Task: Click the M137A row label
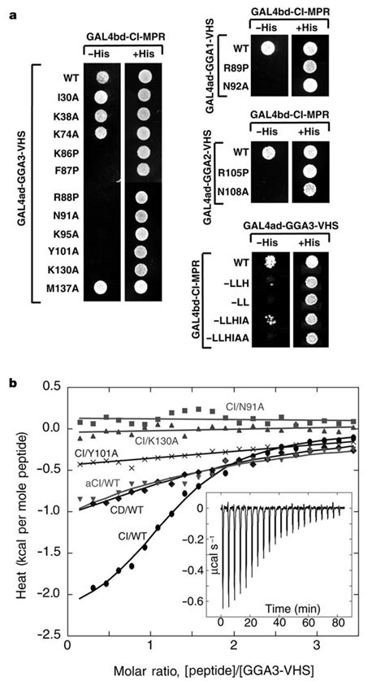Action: click(x=70, y=287)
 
